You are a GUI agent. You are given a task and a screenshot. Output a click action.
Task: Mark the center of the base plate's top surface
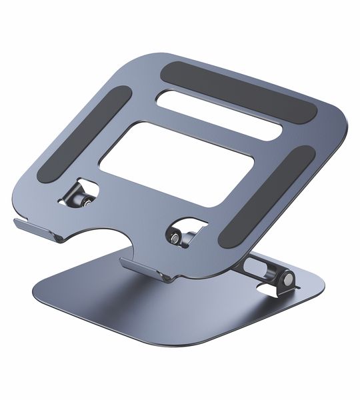click(x=180, y=307)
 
